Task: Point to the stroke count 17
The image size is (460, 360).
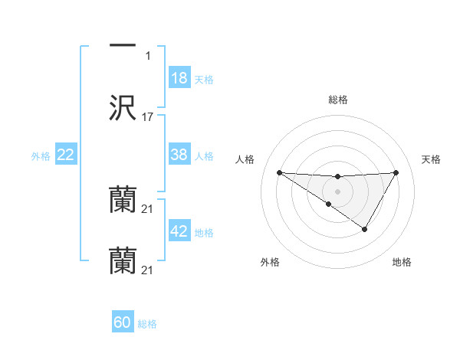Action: click(x=148, y=117)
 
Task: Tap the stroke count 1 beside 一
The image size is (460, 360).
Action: click(x=148, y=56)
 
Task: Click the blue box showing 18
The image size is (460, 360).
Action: click(x=179, y=78)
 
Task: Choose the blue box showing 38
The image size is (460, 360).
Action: click(x=179, y=155)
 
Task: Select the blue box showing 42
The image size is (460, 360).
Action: click(x=179, y=231)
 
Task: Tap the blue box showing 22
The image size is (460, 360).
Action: click(x=66, y=155)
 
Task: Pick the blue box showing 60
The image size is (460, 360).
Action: click(x=123, y=322)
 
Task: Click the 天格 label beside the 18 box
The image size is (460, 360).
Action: click(x=204, y=79)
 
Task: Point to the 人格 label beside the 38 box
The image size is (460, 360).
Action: click(x=204, y=155)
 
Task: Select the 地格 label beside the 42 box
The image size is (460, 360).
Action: click(x=204, y=232)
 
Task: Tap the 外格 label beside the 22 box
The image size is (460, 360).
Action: click(x=41, y=155)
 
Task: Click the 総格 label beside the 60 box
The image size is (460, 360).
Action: click(x=147, y=323)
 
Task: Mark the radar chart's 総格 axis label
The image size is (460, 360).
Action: click(x=337, y=100)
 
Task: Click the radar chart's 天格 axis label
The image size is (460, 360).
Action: click(x=432, y=159)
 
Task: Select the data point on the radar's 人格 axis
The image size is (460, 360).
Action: click(x=279, y=172)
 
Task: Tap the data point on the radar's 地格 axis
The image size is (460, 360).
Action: click(x=365, y=229)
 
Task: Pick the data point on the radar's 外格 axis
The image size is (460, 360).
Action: click(x=328, y=204)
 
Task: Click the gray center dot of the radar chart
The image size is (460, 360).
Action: click(x=337, y=191)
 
